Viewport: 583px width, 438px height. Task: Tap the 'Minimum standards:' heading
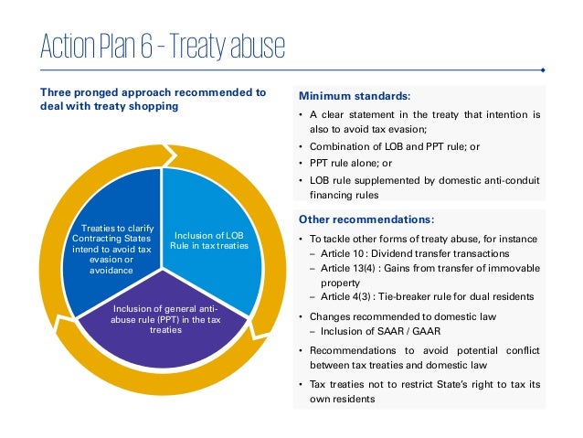[x=355, y=95]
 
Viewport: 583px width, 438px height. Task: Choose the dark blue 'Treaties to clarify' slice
[x=111, y=246]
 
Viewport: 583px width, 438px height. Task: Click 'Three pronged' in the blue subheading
[x=79, y=92]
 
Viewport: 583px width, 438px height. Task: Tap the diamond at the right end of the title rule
[x=543, y=69]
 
